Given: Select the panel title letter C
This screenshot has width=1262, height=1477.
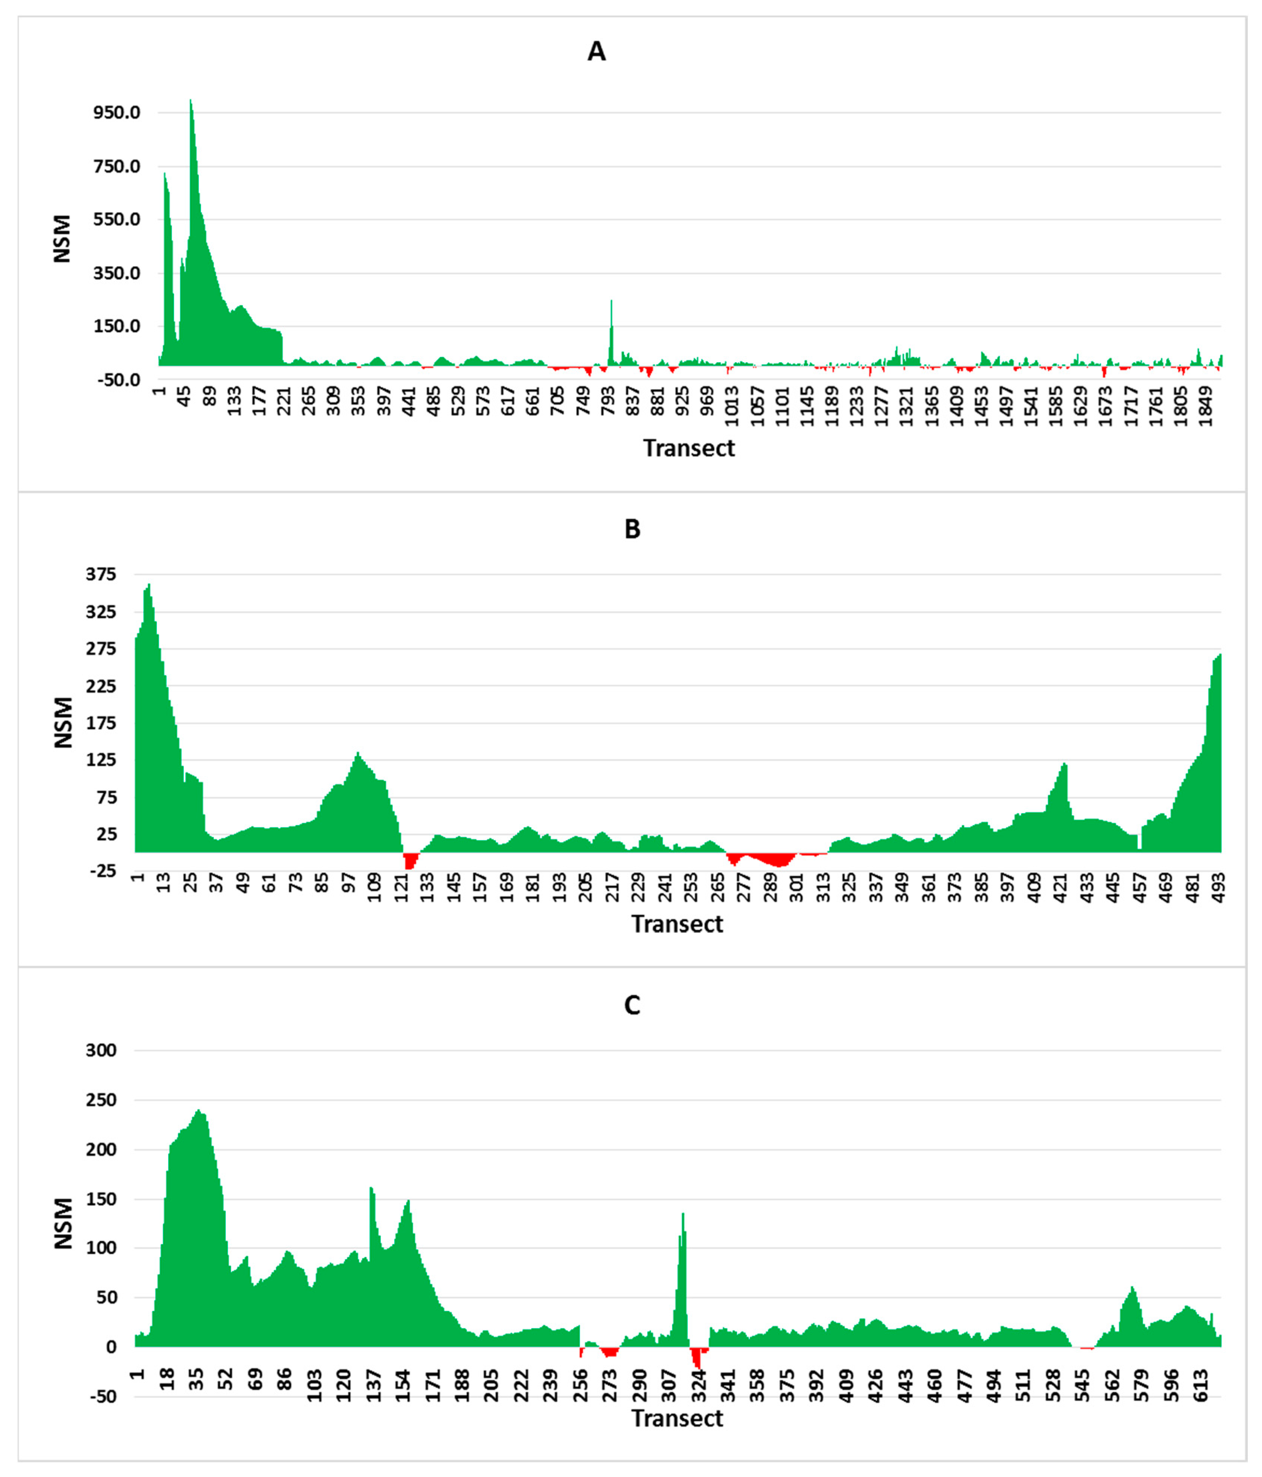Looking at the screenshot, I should coord(632,1005).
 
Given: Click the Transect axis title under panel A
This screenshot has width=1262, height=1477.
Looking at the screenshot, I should coord(688,448).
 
